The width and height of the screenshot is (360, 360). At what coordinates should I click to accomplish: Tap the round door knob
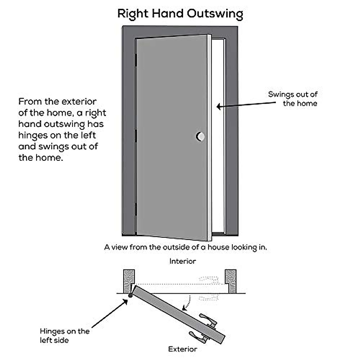pos(200,136)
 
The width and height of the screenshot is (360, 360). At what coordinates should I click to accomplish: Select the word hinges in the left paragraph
pos(33,136)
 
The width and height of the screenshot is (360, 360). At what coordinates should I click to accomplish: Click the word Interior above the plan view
pos(182,261)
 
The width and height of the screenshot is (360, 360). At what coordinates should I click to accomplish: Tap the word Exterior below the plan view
pos(182,349)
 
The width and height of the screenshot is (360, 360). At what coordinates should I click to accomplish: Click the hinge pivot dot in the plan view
pos(130,296)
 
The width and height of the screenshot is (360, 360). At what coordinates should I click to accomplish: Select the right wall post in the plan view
pos(230,281)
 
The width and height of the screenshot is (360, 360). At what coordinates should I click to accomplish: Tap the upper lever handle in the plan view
pos(208,319)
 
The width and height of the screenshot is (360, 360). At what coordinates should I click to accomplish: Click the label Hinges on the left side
pos(64,336)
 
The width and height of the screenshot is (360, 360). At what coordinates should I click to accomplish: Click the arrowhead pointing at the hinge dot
pos(126,300)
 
